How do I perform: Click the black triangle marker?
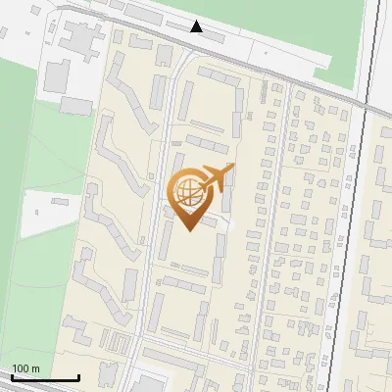[197, 26]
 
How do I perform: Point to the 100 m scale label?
[26, 368]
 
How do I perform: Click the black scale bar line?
[44, 378]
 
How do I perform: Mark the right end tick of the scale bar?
[78, 376]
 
